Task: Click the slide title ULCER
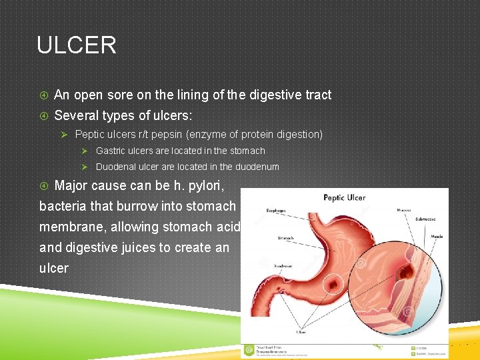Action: coord(77,45)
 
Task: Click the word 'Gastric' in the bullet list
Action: coord(112,151)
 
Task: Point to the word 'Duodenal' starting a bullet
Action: coord(117,167)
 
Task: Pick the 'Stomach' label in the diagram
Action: coord(286,237)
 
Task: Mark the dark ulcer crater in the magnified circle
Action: coord(404,273)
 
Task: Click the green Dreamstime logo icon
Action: coord(249,349)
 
